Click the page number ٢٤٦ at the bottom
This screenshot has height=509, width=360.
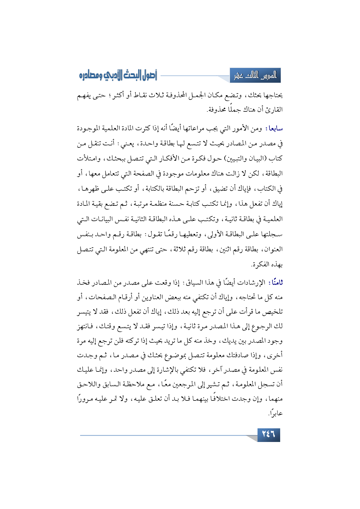point(268,434)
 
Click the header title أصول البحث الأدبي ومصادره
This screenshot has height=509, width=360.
point(118,76)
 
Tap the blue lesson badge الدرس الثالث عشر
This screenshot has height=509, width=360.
point(255,76)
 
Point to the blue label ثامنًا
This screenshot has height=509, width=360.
point(275,282)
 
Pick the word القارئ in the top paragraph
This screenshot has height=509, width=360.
point(274,110)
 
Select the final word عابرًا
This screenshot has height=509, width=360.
point(276,413)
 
